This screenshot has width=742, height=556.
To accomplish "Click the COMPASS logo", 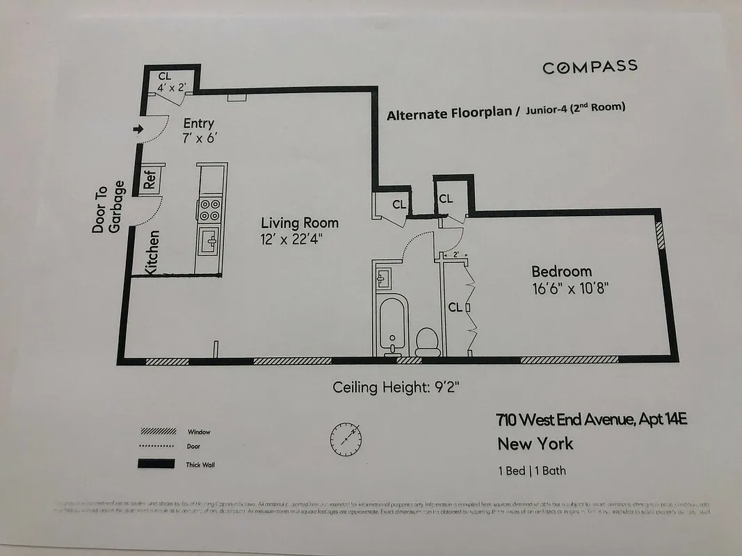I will tap(590, 67).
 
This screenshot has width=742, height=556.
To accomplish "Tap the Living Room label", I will tap(300, 223).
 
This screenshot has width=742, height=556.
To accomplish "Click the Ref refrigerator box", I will tap(150, 179).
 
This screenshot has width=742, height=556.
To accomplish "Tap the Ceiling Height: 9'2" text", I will tap(396, 387).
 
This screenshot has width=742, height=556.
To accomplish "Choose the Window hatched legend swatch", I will tap(155, 431).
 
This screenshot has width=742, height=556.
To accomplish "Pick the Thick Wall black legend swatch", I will tap(155, 464).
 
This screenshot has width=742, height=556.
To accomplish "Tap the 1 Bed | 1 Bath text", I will tap(532, 471).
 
